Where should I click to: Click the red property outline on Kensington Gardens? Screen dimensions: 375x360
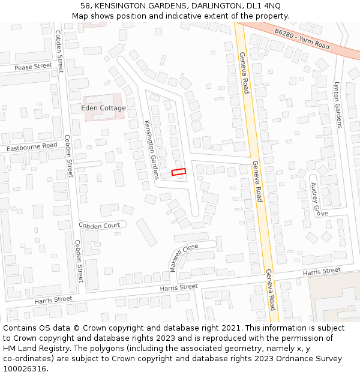[x=179, y=172]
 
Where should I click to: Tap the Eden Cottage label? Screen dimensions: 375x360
[x=103, y=108]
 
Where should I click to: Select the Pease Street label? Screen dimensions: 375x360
[x=34, y=67]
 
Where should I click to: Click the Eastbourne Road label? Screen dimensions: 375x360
[x=31, y=146]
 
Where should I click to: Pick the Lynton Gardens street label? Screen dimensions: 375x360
[x=337, y=105]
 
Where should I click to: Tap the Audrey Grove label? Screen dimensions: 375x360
[x=316, y=199]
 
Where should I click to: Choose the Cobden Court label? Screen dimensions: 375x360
[x=99, y=225]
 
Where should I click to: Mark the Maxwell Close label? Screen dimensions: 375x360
[x=184, y=257]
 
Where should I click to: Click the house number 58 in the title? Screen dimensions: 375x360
[x=85, y=6]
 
